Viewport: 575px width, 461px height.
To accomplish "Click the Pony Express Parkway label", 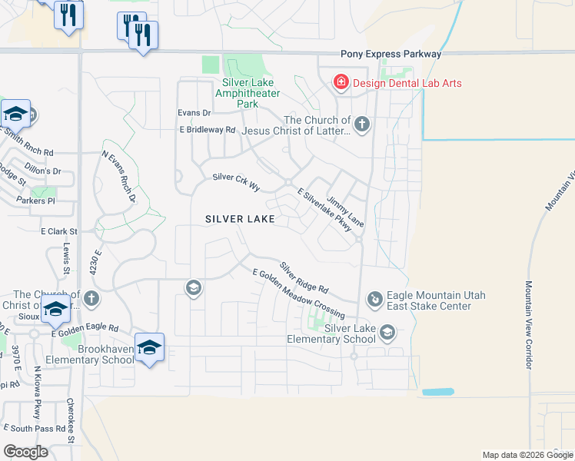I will pos(391,54).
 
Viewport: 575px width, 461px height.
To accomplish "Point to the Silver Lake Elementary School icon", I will pos(388,333).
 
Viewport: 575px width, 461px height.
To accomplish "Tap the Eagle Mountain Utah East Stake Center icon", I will pos(374,298).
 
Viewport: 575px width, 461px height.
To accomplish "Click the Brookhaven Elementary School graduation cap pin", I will pos(149,347).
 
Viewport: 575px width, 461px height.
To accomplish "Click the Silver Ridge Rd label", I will pos(304,278).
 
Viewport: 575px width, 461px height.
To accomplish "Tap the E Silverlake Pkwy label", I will pos(322,214).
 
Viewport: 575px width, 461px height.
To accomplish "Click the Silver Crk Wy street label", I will pos(236,181).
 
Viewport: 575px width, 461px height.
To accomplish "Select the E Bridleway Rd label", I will pos(207,131).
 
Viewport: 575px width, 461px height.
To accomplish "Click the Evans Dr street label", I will pos(194,112).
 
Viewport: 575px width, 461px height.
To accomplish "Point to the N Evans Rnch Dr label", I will pos(118,176).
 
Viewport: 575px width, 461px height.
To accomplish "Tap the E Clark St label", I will pos(59,230).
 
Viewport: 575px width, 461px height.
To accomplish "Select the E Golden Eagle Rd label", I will pos(85,330).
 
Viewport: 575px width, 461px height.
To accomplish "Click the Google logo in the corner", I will pos(25,452).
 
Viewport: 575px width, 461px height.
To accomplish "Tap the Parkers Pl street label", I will pos(36,201).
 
